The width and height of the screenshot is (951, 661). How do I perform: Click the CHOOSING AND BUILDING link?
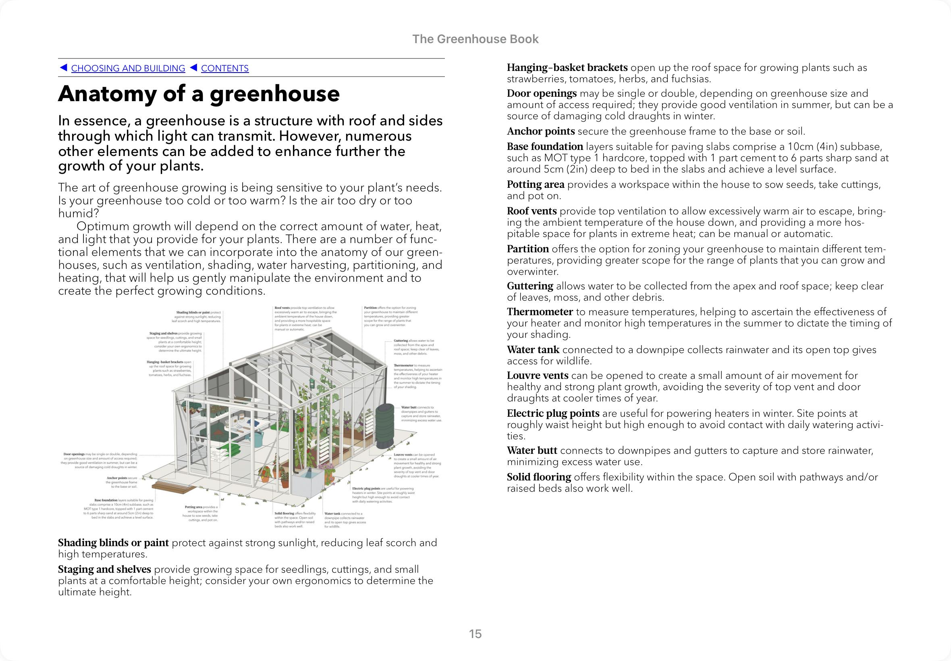128,69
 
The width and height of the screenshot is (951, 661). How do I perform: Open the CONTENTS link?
225,69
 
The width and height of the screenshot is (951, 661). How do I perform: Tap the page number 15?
475,634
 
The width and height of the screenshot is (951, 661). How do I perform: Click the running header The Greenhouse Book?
475,39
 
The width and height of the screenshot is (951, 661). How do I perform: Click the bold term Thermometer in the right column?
540,312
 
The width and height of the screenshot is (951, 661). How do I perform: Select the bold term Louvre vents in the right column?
538,376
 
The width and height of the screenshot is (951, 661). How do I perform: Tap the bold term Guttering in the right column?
530,286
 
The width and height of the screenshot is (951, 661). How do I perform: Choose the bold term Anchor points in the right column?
541,131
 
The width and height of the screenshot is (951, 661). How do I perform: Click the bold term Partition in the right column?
528,249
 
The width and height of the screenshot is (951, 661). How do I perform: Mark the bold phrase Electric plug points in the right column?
553,414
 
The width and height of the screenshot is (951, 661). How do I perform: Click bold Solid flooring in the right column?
539,477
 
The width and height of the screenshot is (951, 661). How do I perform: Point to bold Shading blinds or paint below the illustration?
114,543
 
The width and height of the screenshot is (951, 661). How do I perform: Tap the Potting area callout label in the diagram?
193,507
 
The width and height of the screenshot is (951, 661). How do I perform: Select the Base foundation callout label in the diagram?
106,500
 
